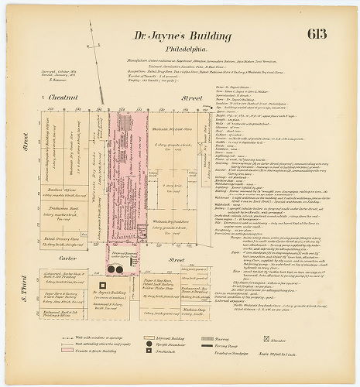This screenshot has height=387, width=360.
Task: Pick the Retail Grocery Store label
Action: [57, 218]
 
